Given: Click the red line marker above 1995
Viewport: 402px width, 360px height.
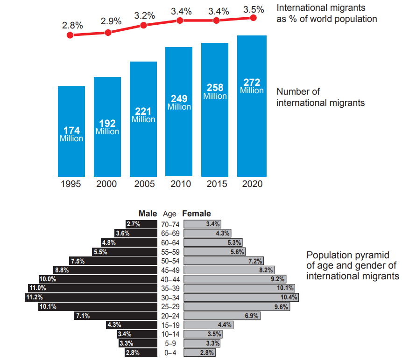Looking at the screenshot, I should coord(71,35).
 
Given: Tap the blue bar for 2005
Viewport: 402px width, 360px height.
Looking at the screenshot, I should coord(143,119).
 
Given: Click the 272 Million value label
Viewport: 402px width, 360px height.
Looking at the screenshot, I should coord(252,86).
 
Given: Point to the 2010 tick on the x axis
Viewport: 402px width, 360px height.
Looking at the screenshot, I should coord(180,184).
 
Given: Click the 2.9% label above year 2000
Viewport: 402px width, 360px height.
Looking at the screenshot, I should coord(111,21).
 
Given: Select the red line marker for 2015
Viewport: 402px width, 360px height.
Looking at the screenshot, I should coord(216,21).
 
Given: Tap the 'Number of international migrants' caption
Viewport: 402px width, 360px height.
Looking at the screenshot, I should coord(320,97).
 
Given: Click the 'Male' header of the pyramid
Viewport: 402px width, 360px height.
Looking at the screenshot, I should coord(148,214).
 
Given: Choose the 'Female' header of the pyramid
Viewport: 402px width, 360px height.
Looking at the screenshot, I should coord(197,214).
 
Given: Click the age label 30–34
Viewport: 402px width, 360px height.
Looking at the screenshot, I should coord(169,298).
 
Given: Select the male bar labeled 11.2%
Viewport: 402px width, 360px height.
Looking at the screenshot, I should coord(91,298).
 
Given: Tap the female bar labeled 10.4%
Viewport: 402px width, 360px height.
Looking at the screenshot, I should coord(241,298).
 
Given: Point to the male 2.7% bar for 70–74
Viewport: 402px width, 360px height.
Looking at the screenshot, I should coord(141,224).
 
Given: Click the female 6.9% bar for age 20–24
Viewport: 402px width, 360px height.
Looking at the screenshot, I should coord(223,316).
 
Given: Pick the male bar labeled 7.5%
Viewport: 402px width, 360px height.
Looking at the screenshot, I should coord(113,261).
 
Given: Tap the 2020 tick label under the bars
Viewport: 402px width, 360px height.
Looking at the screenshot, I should coord(252,184).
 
